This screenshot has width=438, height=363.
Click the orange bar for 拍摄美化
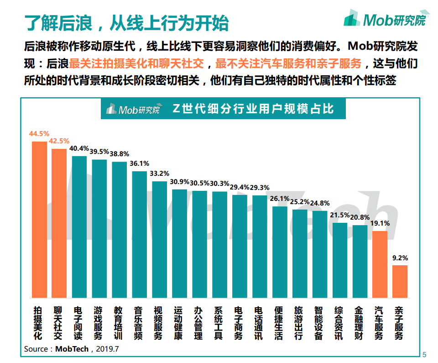39,220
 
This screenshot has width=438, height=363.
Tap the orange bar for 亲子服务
400,281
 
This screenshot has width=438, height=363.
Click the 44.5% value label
39,134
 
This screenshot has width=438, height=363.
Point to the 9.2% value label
400,258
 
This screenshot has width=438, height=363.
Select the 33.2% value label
159,174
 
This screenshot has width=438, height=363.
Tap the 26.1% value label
280,199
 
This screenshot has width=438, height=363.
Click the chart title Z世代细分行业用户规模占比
253,109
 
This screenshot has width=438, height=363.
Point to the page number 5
424,355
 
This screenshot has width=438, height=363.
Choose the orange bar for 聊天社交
59,223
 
